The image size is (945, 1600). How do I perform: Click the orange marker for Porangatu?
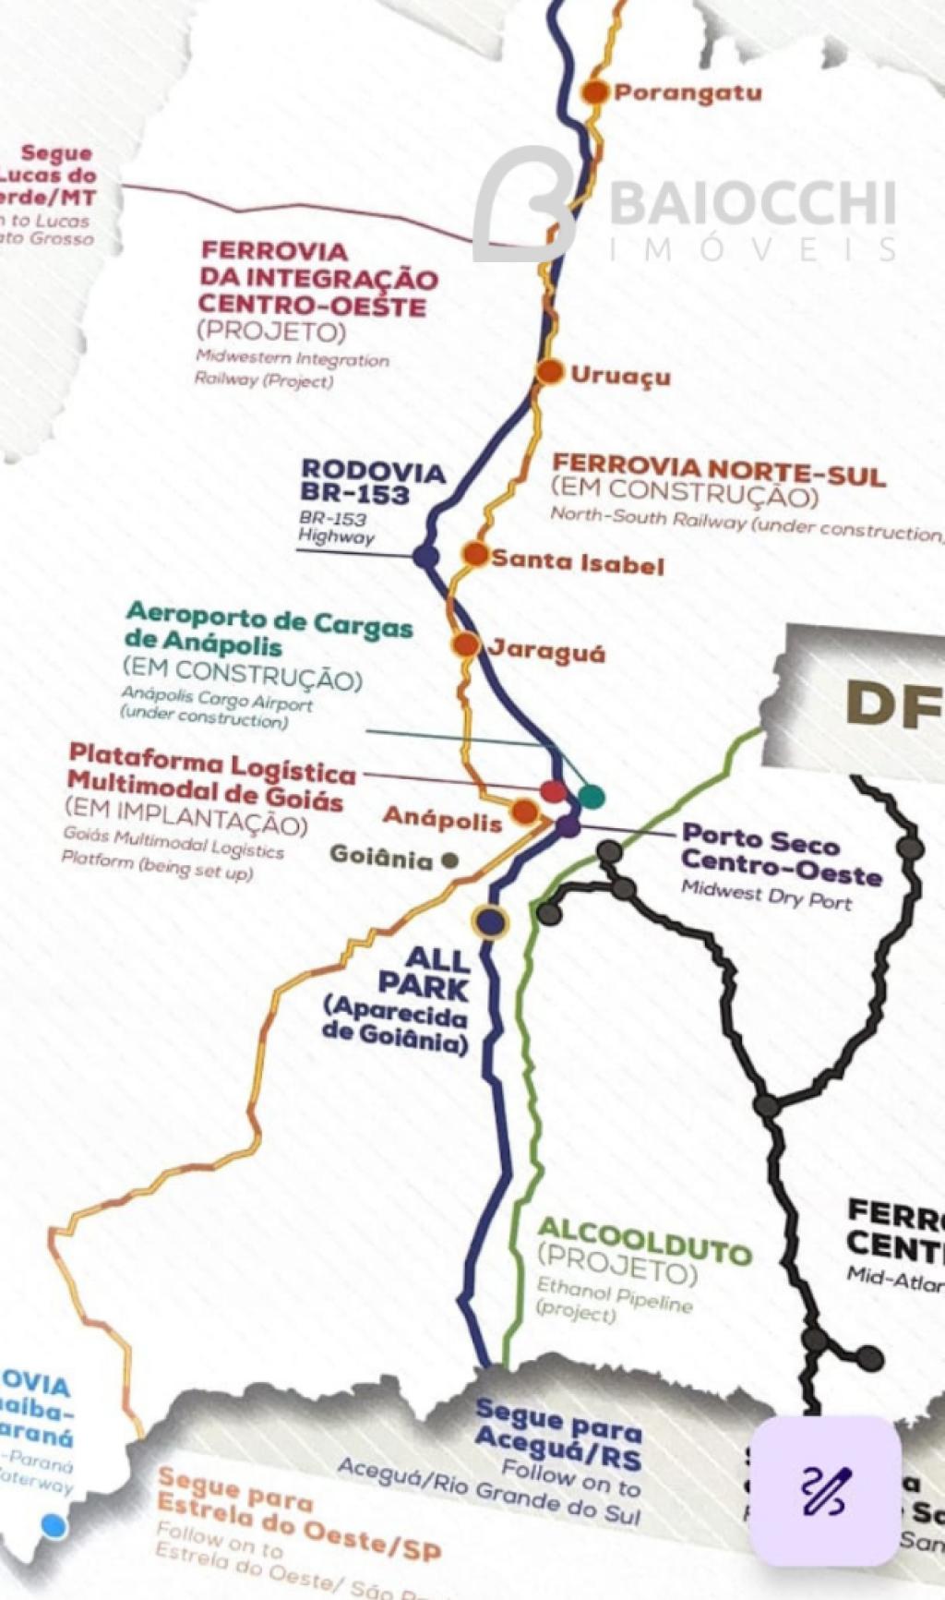(x=596, y=91)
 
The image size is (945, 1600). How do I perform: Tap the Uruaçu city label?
(x=620, y=376)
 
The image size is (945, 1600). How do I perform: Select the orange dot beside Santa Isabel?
(x=475, y=555)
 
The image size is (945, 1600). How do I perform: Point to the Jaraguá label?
(x=546, y=652)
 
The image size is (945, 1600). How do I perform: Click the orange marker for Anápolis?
(x=524, y=812)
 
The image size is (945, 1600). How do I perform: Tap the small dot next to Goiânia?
(x=450, y=860)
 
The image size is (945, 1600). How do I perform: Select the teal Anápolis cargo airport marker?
(x=592, y=795)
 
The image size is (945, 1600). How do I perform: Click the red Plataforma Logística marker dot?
(x=552, y=790)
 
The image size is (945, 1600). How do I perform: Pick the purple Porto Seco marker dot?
(x=568, y=826)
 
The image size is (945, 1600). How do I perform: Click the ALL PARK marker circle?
(x=491, y=921)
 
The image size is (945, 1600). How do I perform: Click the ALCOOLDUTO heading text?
(x=644, y=1240)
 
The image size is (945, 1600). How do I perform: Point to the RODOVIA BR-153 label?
(x=373, y=483)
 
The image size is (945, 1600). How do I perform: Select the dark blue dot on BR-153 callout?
(x=425, y=557)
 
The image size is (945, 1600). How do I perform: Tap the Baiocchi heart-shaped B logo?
(x=525, y=205)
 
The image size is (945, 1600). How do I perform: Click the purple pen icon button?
(x=823, y=1490)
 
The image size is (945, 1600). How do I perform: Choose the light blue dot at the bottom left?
(x=54, y=1526)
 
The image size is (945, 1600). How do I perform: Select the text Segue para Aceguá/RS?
(x=557, y=1434)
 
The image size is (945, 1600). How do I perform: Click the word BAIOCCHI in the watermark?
(x=752, y=204)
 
